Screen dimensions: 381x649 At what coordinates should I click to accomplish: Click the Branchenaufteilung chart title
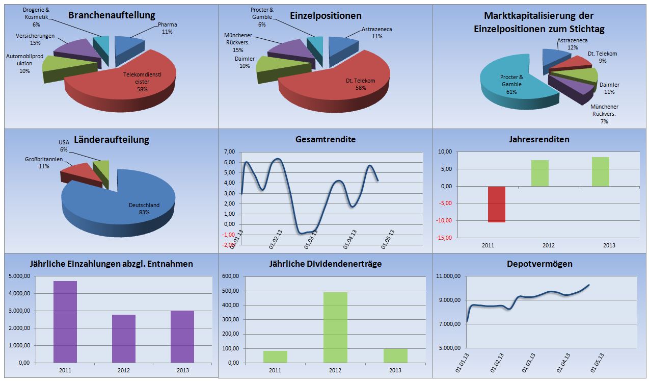click(x=112, y=15)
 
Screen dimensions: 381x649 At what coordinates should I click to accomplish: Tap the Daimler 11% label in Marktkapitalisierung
click(x=609, y=88)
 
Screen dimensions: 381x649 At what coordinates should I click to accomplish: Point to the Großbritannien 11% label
click(x=44, y=163)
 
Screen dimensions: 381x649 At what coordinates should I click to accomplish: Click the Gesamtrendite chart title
click(x=326, y=139)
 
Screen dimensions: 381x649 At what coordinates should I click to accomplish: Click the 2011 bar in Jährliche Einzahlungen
click(x=65, y=321)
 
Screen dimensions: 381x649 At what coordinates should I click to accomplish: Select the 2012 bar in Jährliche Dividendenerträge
click(x=335, y=327)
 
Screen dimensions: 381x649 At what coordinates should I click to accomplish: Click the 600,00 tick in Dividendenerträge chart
click(x=229, y=276)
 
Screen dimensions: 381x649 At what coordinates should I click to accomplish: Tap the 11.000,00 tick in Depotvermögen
click(x=448, y=276)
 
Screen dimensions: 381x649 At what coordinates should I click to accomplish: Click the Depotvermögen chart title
click(x=539, y=264)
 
